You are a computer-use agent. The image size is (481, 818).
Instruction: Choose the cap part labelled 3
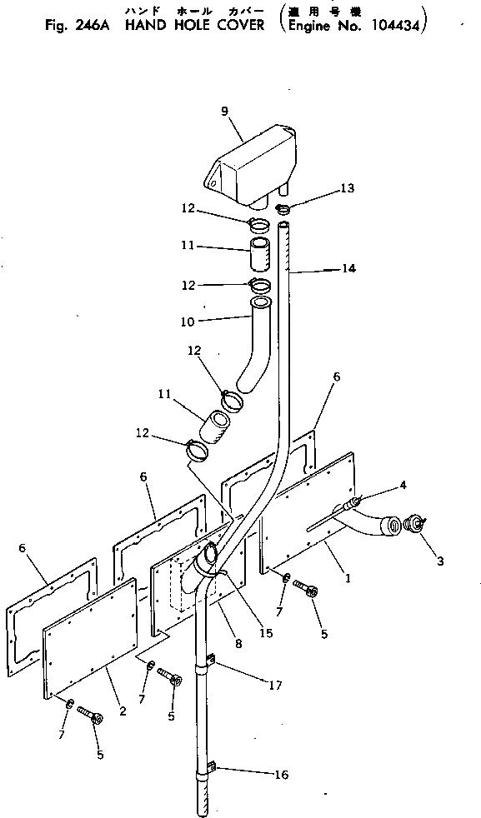coord(413,524)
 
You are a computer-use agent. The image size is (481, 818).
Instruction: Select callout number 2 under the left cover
coord(123,711)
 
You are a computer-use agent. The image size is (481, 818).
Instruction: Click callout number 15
coord(266,633)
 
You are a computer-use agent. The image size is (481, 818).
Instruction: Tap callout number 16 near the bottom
coord(282,775)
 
